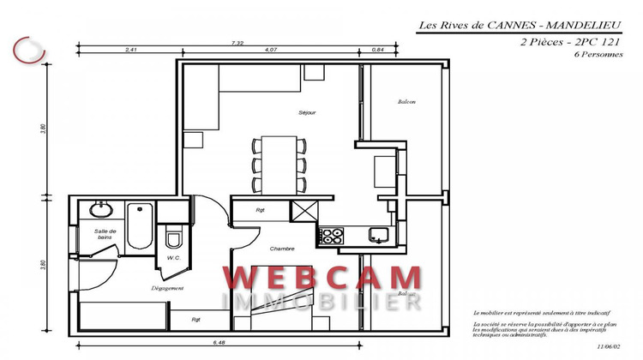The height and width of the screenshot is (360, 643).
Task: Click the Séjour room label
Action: [307, 112]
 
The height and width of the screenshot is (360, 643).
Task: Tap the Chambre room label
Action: [282, 249]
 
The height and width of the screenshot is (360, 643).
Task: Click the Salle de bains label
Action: [105, 235]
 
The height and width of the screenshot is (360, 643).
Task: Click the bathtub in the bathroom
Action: [138, 226]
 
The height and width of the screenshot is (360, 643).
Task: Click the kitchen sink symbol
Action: [377, 233]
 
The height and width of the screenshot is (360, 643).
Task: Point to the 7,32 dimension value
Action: [237, 42]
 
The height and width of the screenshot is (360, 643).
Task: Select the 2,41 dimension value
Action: [131, 50]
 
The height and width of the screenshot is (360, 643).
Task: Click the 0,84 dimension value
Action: [378, 50]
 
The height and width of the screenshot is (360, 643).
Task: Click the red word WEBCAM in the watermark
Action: [322, 278]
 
